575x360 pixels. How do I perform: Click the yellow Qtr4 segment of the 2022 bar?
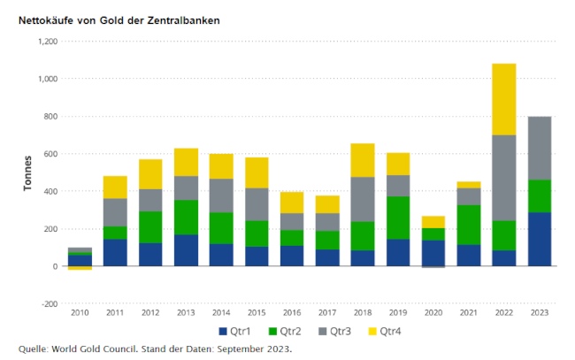coord(503,99)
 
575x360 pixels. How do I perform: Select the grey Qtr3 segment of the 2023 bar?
coord(539,148)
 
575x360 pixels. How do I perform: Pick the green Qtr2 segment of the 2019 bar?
coord(398,218)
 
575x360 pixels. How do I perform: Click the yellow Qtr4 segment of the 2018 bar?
coord(363,160)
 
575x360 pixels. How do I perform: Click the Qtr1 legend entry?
coord(234,332)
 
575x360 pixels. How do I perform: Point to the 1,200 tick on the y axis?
coord(45,42)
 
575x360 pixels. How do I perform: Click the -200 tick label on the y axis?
coord(47,303)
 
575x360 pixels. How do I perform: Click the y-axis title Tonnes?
coord(29,172)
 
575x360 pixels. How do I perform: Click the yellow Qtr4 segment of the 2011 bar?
coord(115,187)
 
